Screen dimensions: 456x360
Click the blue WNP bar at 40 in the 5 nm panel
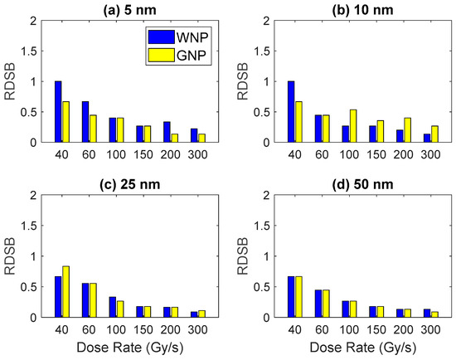[58, 112]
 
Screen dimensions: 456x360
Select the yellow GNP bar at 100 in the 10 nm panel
[353, 126]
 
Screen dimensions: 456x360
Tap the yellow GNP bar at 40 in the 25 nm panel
[65, 292]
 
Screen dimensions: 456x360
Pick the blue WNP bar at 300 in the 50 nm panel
[428, 314]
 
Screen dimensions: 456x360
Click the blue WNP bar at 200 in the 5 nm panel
[167, 132]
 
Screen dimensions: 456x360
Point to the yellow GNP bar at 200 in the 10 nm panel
[407, 130]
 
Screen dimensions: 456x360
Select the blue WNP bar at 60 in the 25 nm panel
[85, 300]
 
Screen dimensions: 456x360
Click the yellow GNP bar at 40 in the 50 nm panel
[298, 297]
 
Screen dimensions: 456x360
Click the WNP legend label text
[192, 37]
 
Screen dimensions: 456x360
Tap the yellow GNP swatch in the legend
[162, 56]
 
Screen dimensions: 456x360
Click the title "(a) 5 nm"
[129, 10]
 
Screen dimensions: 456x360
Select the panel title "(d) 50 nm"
[362, 185]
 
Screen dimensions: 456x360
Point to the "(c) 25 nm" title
[129, 185]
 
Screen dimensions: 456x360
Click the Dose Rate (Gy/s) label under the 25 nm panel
[130, 348]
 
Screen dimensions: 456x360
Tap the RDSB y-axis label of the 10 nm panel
[243, 81]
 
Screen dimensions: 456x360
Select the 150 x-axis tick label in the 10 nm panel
[376, 154]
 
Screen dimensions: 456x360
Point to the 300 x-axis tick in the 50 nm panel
[430, 329]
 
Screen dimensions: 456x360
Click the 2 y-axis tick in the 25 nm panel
[33, 195]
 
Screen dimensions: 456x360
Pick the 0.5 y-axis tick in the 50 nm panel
[262, 287]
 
